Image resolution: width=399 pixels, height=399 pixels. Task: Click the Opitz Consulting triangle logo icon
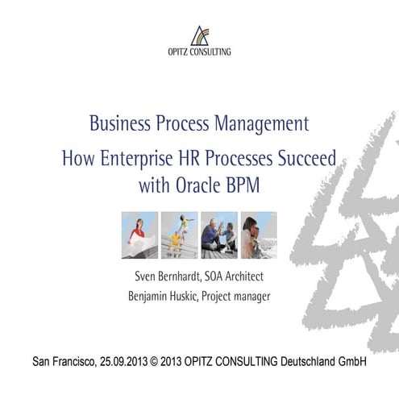[199, 35]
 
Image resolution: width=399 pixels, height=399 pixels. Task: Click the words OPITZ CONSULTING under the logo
[199, 52]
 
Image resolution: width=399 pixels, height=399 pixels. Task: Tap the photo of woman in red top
[139, 235]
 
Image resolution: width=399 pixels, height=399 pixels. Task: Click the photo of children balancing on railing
[179, 235]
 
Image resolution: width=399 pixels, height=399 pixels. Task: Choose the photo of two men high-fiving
[218, 235]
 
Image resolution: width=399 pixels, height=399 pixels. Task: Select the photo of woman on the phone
[258, 235]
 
